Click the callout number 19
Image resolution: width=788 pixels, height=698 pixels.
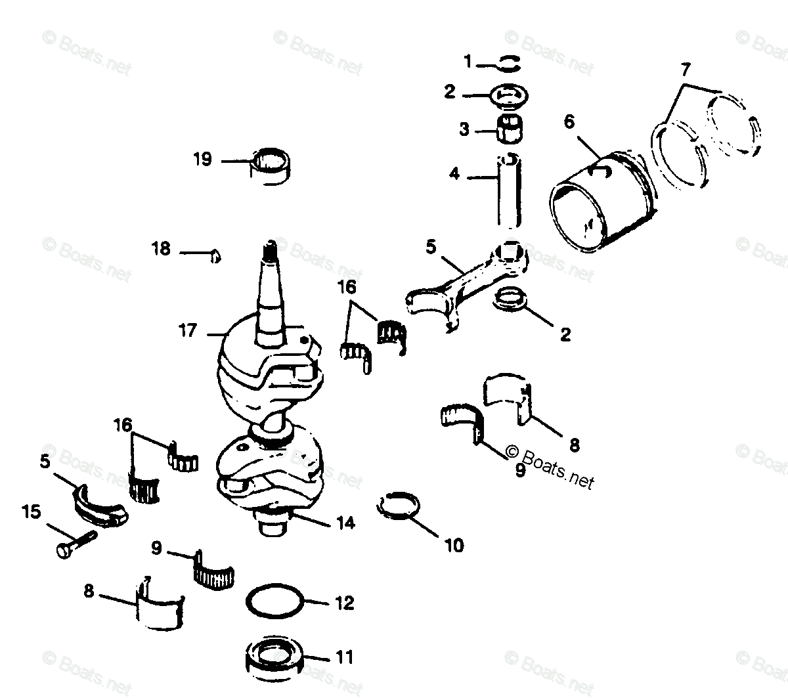pos(202,159)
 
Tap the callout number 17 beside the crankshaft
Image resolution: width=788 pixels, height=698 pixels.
pos(188,330)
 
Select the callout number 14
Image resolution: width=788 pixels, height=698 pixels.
pos(345,523)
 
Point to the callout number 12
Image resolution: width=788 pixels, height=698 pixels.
pos(345,603)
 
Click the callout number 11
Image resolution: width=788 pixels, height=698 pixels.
pos(345,657)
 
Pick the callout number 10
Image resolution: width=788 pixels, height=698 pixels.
pos(454,545)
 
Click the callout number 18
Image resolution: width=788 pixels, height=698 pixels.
pos(161,249)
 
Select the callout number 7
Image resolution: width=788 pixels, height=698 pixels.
pos(685,68)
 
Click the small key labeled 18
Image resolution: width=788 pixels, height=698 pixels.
pos(215,255)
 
